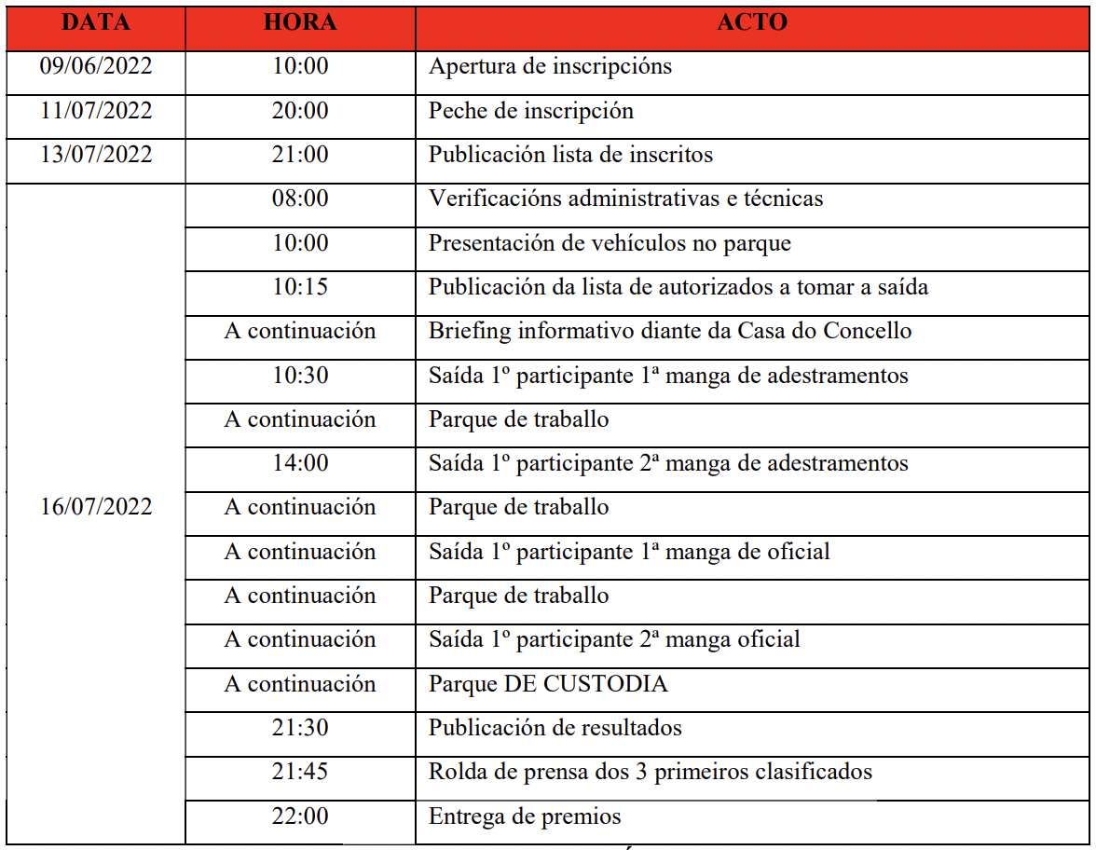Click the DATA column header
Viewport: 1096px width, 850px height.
(x=95, y=22)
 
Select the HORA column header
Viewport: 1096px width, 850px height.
(x=300, y=22)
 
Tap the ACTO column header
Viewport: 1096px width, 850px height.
(x=752, y=22)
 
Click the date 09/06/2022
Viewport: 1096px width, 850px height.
(x=96, y=67)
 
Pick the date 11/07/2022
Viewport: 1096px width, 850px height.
(x=96, y=111)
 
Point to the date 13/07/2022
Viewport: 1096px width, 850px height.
(x=96, y=155)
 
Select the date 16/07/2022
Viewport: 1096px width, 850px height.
(x=96, y=507)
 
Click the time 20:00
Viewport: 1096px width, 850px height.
(x=300, y=111)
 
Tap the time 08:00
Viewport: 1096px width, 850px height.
(x=300, y=199)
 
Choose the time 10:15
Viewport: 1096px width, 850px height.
(x=300, y=287)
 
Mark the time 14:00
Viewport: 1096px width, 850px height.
(x=300, y=463)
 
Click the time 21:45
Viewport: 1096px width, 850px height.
(x=300, y=772)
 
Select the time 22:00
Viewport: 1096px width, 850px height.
(x=300, y=816)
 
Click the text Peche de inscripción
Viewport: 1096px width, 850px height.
(x=530, y=111)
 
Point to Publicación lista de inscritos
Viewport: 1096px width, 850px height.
(x=570, y=155)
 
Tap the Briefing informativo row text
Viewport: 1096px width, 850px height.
(x=669, y=331)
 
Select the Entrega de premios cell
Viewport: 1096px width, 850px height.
(x=525, y=816)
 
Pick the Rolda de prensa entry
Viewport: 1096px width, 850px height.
(x=650, y=772)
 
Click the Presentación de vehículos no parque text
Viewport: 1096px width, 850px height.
(x=610, y=243)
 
